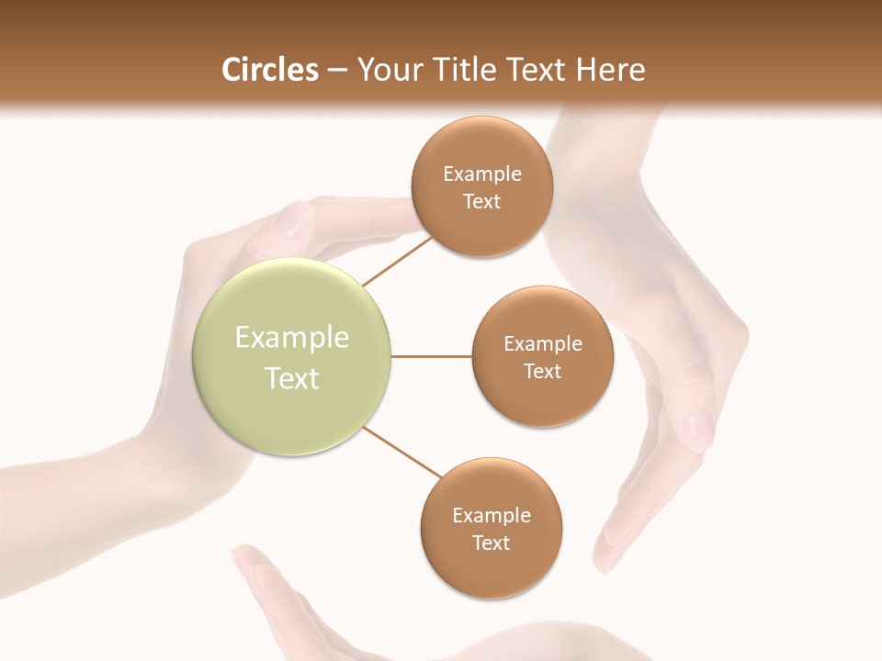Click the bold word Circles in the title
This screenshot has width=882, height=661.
click(270, 70)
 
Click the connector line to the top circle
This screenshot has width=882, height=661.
click(397, 260)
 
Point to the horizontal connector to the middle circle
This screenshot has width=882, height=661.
click(432, 356)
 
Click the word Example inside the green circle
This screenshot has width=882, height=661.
click(292, 338)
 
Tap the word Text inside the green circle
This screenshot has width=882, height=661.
click(292, 378)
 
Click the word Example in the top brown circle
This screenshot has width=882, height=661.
click(481, 174)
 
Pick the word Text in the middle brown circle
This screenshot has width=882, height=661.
click(542, 371)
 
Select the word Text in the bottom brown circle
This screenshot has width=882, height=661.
click(491, 543)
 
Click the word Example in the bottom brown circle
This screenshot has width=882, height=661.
click(491, 516)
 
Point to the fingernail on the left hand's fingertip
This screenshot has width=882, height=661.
click(296, 220)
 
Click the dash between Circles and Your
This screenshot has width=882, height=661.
click(337, 71)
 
